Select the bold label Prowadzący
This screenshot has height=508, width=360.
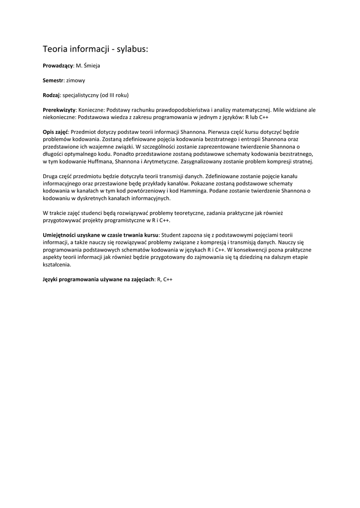[58, 65]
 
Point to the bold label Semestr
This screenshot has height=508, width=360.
[53, 80]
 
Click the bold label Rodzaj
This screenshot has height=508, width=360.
[51, 95]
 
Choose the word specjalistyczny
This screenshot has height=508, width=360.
[80, 95]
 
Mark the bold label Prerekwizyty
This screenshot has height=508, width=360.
[59, 109]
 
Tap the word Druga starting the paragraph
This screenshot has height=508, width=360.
[51, 176]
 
